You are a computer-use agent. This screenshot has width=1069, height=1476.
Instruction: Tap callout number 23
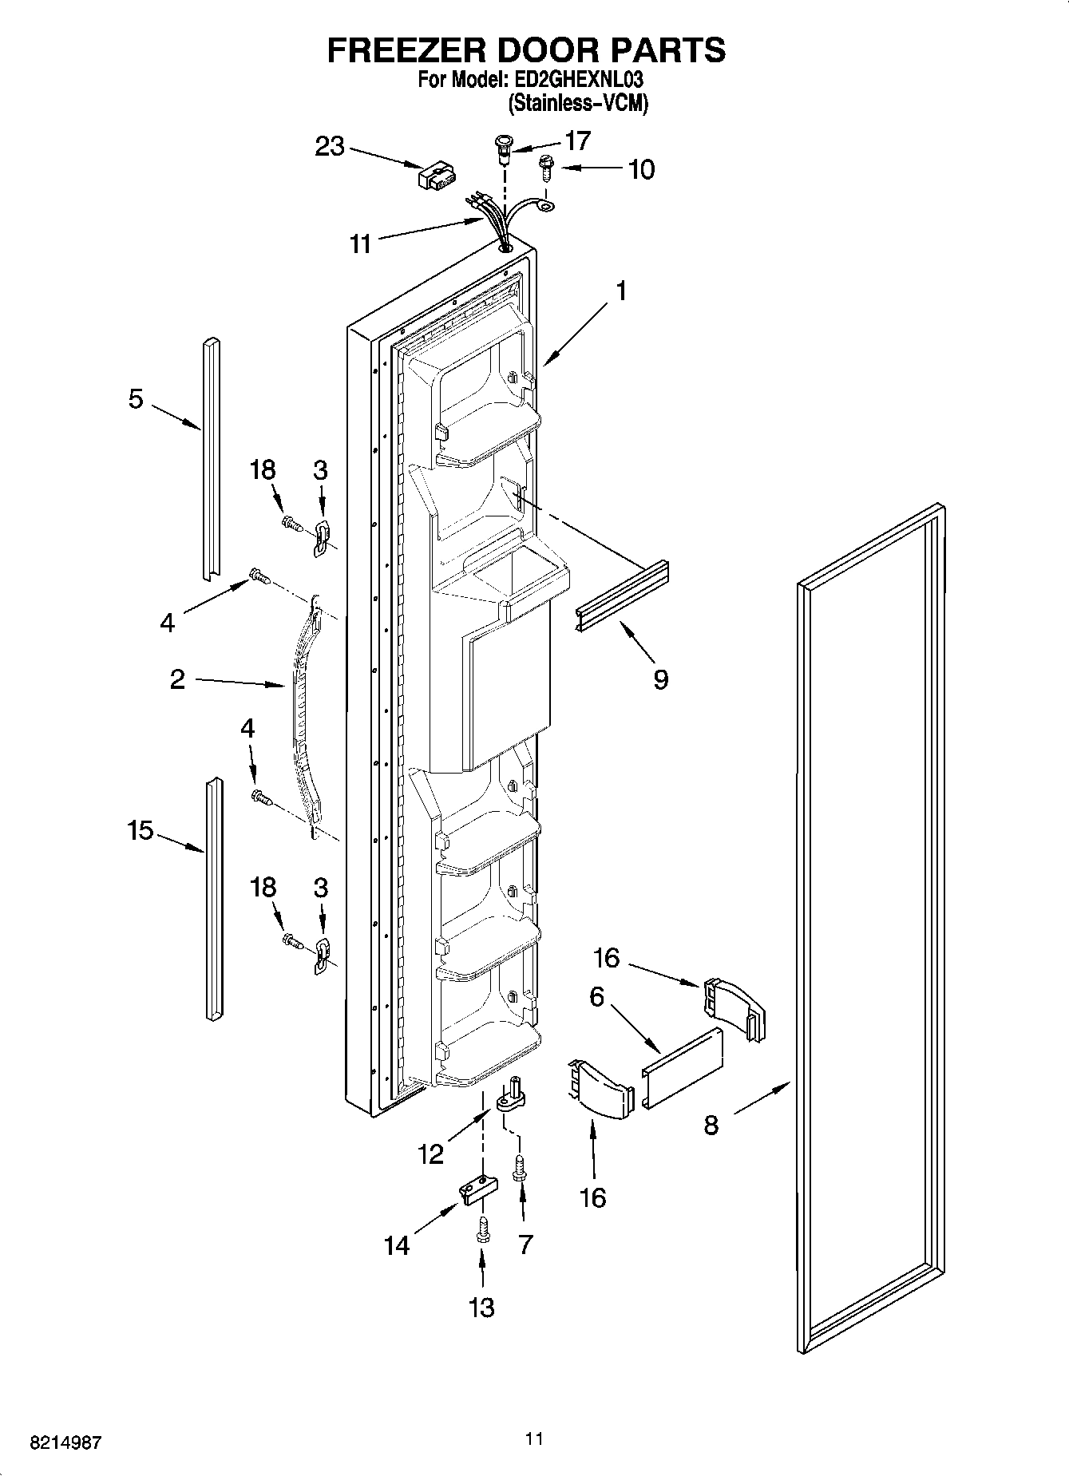click(329, 147)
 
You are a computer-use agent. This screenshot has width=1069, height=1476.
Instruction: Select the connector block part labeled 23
click(437, 176)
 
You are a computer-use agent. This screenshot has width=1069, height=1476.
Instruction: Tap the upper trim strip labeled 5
click(211, 459)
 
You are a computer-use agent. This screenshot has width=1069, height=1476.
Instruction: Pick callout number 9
click(660, 679)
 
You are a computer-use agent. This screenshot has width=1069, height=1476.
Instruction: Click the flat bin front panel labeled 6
click(683, 1066)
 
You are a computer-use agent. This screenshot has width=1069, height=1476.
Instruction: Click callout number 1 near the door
click(620, 291)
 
